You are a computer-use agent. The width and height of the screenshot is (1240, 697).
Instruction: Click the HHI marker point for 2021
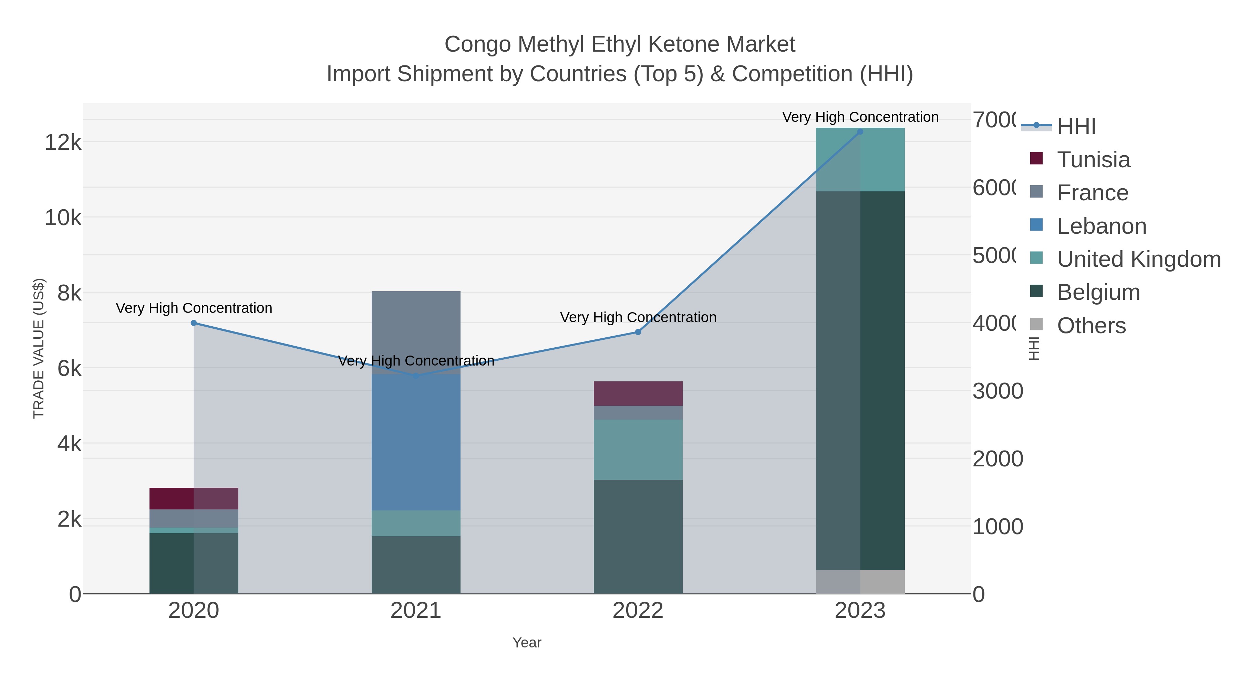416,376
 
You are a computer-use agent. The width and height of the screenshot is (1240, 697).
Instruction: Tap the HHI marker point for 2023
860,131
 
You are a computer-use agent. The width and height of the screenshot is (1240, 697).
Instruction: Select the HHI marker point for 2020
194,323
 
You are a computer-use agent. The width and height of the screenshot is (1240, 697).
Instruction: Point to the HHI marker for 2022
638,332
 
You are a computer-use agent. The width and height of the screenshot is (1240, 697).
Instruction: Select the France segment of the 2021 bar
416,332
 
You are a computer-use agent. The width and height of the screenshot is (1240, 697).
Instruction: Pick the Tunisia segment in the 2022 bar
638,393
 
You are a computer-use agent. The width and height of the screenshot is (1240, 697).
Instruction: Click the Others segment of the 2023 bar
860,582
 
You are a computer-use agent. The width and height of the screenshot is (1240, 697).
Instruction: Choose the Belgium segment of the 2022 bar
638,536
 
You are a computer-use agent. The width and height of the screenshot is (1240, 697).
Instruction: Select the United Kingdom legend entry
1138,259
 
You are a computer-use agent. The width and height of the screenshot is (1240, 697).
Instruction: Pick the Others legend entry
1091,325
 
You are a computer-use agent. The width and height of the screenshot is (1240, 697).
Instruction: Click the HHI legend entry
1076,126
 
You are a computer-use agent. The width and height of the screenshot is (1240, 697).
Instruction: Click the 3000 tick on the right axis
998,391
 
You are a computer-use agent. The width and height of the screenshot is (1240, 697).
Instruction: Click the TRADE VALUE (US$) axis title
39,348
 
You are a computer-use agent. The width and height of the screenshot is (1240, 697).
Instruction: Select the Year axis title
527,643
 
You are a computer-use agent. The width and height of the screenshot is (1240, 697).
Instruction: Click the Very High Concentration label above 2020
194,308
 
